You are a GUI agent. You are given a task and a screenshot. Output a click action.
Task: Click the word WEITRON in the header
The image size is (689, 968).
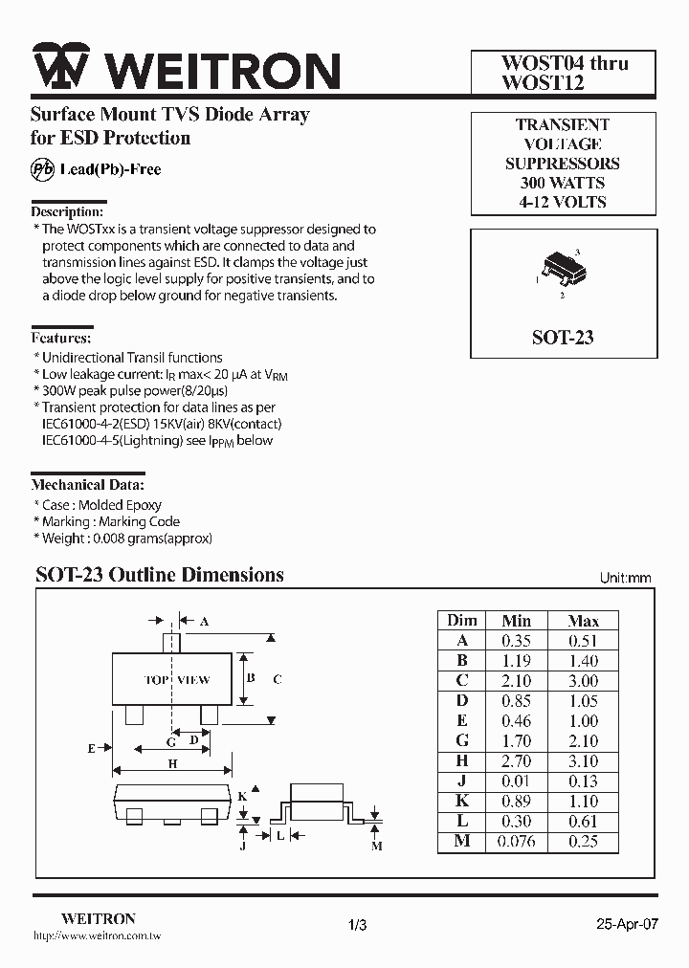point(221,70)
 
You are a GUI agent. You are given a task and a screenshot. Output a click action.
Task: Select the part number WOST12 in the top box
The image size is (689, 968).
point(543,83)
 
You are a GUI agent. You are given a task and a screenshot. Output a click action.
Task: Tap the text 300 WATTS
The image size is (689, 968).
point(563,183)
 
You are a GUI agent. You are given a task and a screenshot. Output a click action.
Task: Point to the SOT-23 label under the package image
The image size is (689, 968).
point(563,338)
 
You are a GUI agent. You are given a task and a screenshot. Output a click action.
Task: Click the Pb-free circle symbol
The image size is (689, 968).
point(42,169)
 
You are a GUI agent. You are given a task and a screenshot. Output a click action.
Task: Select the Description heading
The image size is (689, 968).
point(67,211)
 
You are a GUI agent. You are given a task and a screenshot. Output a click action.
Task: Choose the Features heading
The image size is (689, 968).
point(62,338)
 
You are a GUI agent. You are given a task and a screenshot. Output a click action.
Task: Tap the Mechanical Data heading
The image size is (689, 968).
point(88,485)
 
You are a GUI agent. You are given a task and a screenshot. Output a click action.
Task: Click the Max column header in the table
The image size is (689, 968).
point(583,621)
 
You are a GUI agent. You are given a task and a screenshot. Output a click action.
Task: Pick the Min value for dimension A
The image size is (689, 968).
point(517,641)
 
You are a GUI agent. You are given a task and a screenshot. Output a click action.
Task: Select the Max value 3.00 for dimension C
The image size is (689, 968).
point(583,681)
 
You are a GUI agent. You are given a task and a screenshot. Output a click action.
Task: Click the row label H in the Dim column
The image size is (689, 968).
point(462,761)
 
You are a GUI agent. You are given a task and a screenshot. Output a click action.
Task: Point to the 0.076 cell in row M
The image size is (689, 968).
point(517,842)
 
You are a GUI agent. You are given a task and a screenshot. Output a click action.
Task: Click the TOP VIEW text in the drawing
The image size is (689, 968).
point(177,680)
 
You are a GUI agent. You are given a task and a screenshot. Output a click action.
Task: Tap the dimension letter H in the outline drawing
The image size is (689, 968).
point(172,763)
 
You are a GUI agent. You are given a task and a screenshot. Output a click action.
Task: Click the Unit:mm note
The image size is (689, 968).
point(625,578)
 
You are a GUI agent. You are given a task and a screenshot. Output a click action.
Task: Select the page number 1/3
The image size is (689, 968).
point(357,925)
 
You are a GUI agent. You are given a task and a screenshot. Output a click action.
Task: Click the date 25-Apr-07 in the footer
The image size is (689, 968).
point(627,925)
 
